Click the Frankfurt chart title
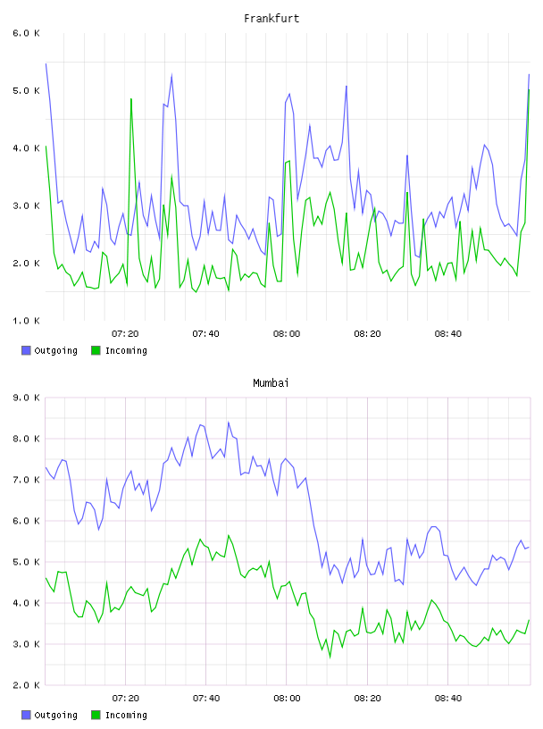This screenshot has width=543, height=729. click(x=271, y=19)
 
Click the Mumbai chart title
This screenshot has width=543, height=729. click(x=271, y=383)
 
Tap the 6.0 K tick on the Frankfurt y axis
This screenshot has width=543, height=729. click(x=26, y=33)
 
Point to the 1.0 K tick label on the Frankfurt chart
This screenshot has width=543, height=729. click(x=26, y=321)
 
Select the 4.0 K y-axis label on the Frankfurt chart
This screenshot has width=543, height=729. click(x=26, y=148)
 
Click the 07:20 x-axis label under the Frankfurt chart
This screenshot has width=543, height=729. click(x=125, y=334)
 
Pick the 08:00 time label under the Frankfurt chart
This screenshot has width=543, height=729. click(x=287, y=334)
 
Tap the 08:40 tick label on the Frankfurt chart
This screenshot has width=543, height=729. click(x=448, y=334)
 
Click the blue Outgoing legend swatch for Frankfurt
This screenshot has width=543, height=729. click(x=26, y=350)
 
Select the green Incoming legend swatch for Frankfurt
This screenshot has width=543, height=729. click(x=96, y=350)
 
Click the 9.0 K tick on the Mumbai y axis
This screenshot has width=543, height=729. click(x=26, y=398)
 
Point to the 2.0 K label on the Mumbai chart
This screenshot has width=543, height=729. click(x=26, y=685)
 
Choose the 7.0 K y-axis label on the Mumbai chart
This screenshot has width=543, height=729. click(x=26, y=480)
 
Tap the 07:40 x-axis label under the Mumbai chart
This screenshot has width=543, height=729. click(x=206, y=699)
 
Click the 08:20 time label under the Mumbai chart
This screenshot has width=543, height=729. click(x=367, y=699)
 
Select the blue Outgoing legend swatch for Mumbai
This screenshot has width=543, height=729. click(x=26, y=715)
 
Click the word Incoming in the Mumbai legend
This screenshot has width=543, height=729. click(x=126, y=715)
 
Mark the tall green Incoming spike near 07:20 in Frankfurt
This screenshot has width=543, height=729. click(x=131, y=99)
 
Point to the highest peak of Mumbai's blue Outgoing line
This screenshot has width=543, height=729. click(x=229, y=423)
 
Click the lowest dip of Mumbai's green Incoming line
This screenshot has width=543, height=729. click(x=330, y=658)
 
